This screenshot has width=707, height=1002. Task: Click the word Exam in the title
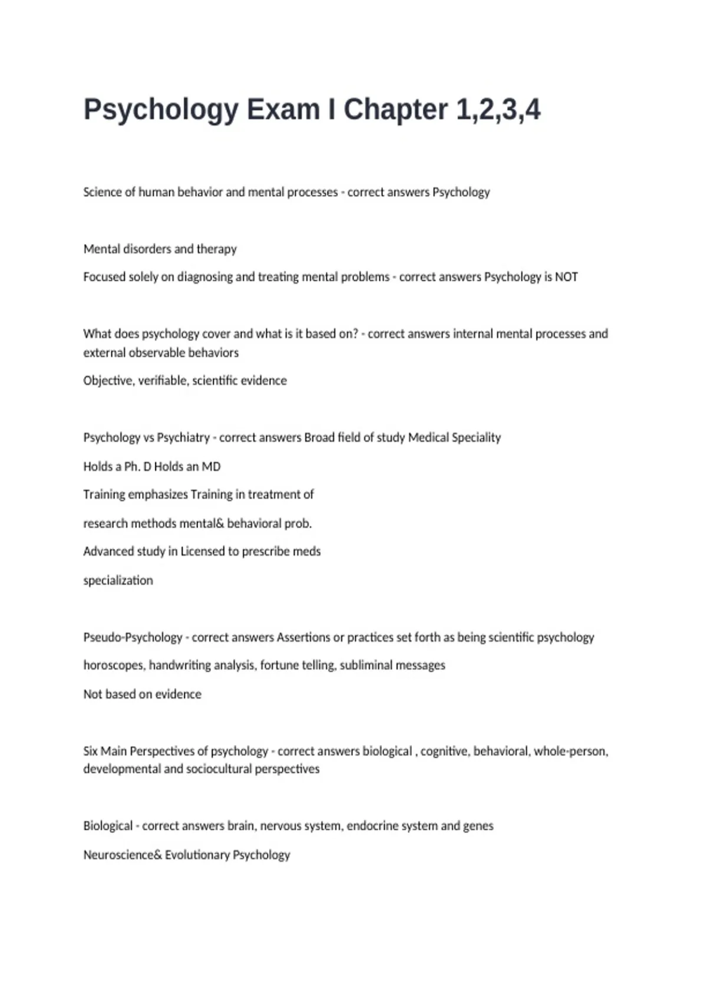point(283,110)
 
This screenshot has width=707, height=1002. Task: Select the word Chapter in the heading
point(395,110)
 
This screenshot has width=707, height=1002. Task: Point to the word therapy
point(216,249)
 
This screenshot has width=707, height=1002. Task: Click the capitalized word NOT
point(566,277)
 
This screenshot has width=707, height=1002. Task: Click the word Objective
point(108,381)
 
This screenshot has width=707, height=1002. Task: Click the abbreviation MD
point(211,467)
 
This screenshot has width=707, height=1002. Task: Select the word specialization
point(118,581)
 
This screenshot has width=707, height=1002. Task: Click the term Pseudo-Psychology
point(133,637)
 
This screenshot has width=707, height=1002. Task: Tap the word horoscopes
point(114,665)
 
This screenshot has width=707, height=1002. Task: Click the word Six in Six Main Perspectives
point(90,751)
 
